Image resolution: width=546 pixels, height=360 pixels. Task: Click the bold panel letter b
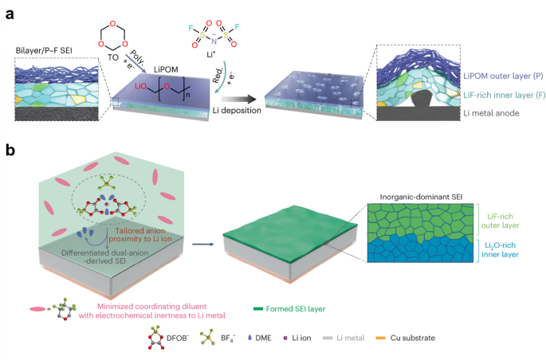(10, 149)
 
